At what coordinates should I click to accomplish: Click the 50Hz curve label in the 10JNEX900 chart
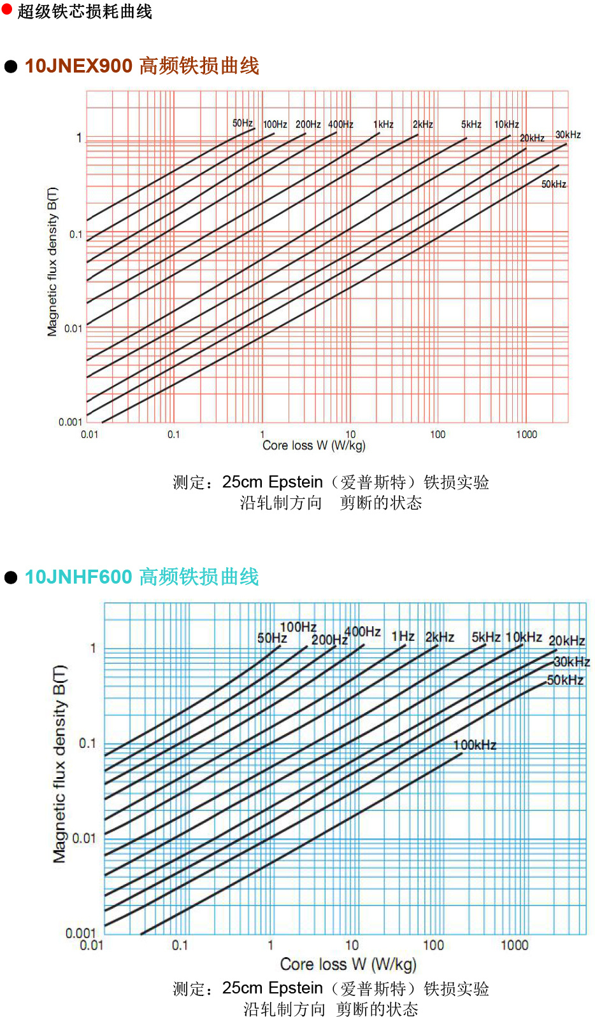pyautogui.click(x=242, y=123)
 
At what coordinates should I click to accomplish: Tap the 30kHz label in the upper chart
pyautogui.click(x=568, y=135)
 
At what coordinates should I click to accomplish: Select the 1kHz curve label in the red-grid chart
pyautogui.click(x=383, y=125)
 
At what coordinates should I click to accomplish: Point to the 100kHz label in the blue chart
pyautogui.click(x=475, y=745)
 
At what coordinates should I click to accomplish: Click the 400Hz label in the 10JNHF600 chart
pyautogui.click(x=362, y=632)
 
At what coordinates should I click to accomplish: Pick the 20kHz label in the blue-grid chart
pyautogui.click(x=566, y=641)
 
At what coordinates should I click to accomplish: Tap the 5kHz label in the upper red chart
pyautogui.click(x=471, y=125)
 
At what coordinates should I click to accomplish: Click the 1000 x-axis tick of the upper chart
pyautogui.click(x=526, y=435)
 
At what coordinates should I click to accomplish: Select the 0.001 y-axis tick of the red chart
pyautogui.click(x=70, y=422)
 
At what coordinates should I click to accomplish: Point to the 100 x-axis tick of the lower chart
pyautogui.click(x=433, y=945)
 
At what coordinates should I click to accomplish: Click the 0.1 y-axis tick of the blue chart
pyautogui.click(x=87, y=743)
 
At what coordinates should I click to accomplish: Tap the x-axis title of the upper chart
pyautogui.click(x=313, y=445)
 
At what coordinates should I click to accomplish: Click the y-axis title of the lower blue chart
pyautogui.click(x=59, y=764)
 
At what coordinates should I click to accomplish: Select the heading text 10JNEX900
pyautogui.click(x=78, y=66)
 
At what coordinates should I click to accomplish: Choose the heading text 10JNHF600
pyautogui.click(x=78, y=577)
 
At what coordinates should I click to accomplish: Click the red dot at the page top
pyautogui.click(x=7, y=9)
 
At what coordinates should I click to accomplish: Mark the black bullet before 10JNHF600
pyautogui.click(x=11, y=577)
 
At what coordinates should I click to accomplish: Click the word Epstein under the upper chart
pyautogui.click(x=296, y=482)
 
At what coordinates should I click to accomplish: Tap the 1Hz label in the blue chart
pyautogui.click(x=403, y=636)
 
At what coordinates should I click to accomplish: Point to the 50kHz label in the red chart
pyautogui.click(x=554, y=185)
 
